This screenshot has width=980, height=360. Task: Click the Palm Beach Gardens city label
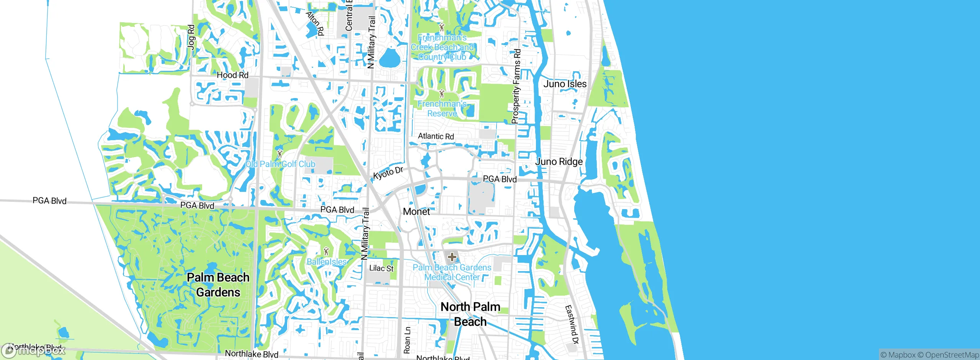tap(218, 285)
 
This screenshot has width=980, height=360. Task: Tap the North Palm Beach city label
tap(470, 314)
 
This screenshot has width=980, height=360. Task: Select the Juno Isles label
tap(565, 84)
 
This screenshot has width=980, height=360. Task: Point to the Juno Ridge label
tap(559, 162)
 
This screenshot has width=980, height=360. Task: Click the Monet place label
tap(416, 211)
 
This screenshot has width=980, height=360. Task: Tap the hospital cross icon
tap(452, 257)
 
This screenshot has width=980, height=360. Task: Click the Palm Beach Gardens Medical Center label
tap(452, 272)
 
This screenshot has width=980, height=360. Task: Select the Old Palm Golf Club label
tap(280, 164)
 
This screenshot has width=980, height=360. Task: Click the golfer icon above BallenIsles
tap(326, 251)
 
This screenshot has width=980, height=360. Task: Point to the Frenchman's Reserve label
tap(442, 109)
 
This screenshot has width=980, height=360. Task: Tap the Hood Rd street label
tap(232, 75)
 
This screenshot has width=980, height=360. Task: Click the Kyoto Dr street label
tap(388, 173)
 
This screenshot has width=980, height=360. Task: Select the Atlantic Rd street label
tap(436, 136)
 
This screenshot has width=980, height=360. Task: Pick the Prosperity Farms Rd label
tap(516, 86)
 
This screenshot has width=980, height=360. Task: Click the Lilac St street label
tap(381, 268)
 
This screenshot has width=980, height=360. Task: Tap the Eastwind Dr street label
tap(572, 325)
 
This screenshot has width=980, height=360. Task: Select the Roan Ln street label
tap(407, 340)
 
